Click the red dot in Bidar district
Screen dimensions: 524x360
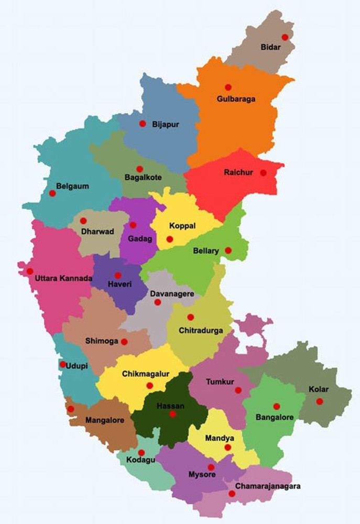click(x=285, y=37)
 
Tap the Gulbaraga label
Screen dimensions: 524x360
click(x=236, y=99)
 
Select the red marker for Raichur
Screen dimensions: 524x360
click(x=263, y=172)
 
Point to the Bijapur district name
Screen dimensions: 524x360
click(x=166, y=124)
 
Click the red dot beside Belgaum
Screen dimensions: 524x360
click(x=52, y=193)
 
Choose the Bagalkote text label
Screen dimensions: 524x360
click(x=143, y=178)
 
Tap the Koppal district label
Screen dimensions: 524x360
click(x=182, y=226)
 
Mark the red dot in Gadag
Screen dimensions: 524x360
click(x=133, y=225)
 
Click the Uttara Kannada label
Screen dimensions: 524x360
click(x=63, y=278)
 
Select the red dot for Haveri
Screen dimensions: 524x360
click(x=118, y=275)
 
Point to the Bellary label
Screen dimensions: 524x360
click(x=206, y=251)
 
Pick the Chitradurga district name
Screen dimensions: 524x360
click(x=201, y=331)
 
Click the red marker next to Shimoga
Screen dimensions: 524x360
click(x=124, y=342)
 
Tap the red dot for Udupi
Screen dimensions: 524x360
click(x=63, y=364)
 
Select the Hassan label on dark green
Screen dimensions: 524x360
click(x=170, y=406)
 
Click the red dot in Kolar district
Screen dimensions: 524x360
click(x=320, y=401)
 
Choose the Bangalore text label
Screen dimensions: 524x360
click(x=275, y=418)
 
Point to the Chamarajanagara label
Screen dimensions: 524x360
click(x=267, y=486)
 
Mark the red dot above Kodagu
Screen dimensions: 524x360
click(x=141, y=453)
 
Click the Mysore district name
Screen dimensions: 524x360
click(x=202, y=475)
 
